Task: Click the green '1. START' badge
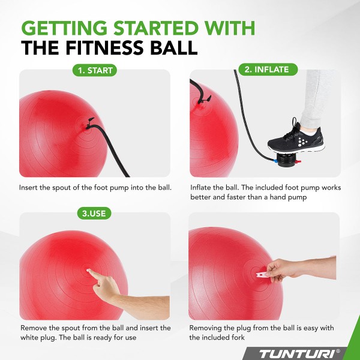[95, 70]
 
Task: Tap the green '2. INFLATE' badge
[268, 70]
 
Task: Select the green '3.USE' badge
[94, 213]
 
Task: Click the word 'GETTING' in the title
[64, 28]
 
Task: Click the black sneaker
[296, 138]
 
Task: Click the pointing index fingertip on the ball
[89, 271]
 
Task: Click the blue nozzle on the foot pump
[274, 161]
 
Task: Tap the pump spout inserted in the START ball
[89, 124]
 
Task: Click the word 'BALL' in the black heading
[174, 47]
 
